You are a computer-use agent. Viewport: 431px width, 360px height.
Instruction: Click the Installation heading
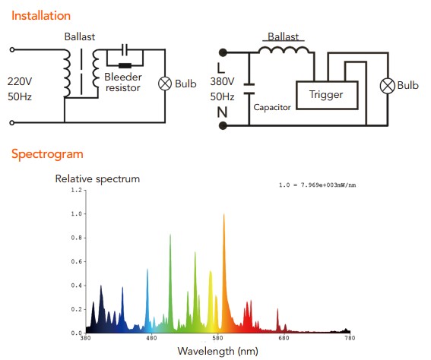(x=41, y=16)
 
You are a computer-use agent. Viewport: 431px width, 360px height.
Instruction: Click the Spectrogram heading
(x=47, y=154)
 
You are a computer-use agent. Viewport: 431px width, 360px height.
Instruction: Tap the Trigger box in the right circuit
(x=327, y=95)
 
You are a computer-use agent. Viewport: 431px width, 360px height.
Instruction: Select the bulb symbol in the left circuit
(x=165, y=84)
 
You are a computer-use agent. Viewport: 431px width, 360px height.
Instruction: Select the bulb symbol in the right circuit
(x=388, y=86)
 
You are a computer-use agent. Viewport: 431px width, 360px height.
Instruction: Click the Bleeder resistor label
(x=123, y=82)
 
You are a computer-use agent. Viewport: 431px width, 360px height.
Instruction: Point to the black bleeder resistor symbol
(x=125, y=65)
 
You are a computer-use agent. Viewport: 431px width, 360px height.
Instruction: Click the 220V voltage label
(x=20, y=81)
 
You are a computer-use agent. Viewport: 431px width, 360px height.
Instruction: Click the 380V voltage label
(x=223, y=81)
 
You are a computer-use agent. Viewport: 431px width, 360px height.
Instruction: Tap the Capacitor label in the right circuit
(x=272, y=107)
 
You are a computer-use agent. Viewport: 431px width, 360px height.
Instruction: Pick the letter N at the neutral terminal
(x=223, y=112)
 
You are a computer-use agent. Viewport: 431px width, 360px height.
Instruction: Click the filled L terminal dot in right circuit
(x=223, y=52)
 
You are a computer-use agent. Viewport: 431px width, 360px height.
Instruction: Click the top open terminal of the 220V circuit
(x=12, y=49)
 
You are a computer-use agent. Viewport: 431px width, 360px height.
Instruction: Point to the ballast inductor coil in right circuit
(x=284, y=50)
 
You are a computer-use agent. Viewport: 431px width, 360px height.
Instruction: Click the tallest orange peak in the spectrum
(x=224, y=214)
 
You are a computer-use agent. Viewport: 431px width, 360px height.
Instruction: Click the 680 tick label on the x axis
(x=284, y=338)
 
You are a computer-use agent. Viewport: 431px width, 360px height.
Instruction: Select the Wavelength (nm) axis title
(x=218, y=351)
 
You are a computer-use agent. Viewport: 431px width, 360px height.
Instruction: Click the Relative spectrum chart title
(x=97, y=179)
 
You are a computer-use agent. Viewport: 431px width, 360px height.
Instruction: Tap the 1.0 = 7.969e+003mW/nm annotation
(x=318, y=185)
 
